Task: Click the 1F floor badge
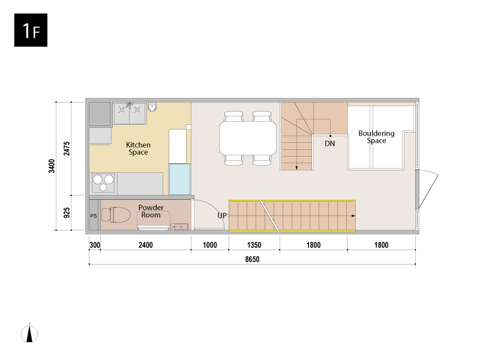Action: [31, 30]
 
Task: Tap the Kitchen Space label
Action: [138, 148]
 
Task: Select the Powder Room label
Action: [151, 211]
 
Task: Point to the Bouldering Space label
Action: [376, 137]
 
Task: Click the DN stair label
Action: [329, 143]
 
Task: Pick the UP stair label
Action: [222, 215]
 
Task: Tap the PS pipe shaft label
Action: [94, 216]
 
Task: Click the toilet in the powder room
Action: [115, 214]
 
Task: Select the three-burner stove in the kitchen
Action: [103, 183]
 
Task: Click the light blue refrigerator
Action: [179, 179]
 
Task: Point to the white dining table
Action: [248, 138]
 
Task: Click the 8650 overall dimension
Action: [252, 259]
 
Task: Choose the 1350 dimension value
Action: [254, 245]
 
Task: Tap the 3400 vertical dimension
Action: [52, 166]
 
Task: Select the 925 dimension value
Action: [67, 213]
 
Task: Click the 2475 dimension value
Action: [67, 148]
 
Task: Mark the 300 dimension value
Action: [95, 245]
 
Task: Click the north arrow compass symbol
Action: [29, 333]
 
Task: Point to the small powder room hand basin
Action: [179, 227]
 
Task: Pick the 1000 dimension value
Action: [209, 245]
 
